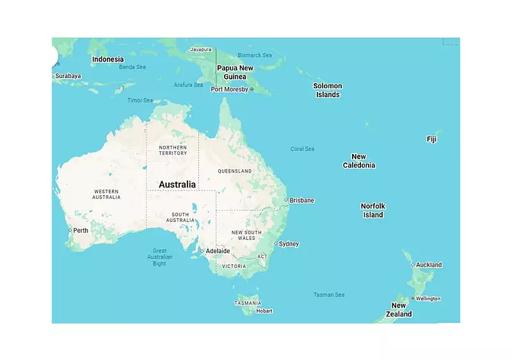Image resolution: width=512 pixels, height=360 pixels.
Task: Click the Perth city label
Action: (81, 230)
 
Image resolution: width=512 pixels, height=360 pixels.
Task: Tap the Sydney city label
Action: (289, 244)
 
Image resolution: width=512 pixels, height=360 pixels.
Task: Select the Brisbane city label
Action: (301, 200)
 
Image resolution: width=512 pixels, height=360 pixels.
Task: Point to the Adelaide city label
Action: (217, 251)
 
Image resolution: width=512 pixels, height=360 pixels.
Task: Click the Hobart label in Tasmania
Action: (264, 311)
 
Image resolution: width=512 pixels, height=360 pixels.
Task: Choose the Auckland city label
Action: (428, 265)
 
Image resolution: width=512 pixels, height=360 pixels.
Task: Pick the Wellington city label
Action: (428, 299)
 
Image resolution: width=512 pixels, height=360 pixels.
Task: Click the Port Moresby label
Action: (230, 90)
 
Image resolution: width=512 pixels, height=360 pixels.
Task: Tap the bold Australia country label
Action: (177, 184)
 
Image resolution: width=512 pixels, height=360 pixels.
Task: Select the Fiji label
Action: (432, 139)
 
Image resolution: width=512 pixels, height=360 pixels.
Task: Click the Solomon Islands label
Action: (328, 90)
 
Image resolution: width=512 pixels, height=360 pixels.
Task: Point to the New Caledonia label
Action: (359, 161)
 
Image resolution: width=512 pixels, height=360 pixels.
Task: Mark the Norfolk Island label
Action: (373, 210)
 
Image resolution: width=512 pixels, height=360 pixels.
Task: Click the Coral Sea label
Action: (302, 149)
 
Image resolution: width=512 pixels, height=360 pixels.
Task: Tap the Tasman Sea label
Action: (329, 295)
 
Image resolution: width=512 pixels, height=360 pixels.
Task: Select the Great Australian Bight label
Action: (159, 256)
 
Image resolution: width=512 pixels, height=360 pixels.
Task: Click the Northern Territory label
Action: (173, 150)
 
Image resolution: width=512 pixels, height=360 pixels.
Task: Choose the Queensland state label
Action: (235, 171)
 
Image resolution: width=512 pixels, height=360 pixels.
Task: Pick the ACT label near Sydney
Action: (262, 256)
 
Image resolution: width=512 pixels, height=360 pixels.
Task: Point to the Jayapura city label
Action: (200, 49)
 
